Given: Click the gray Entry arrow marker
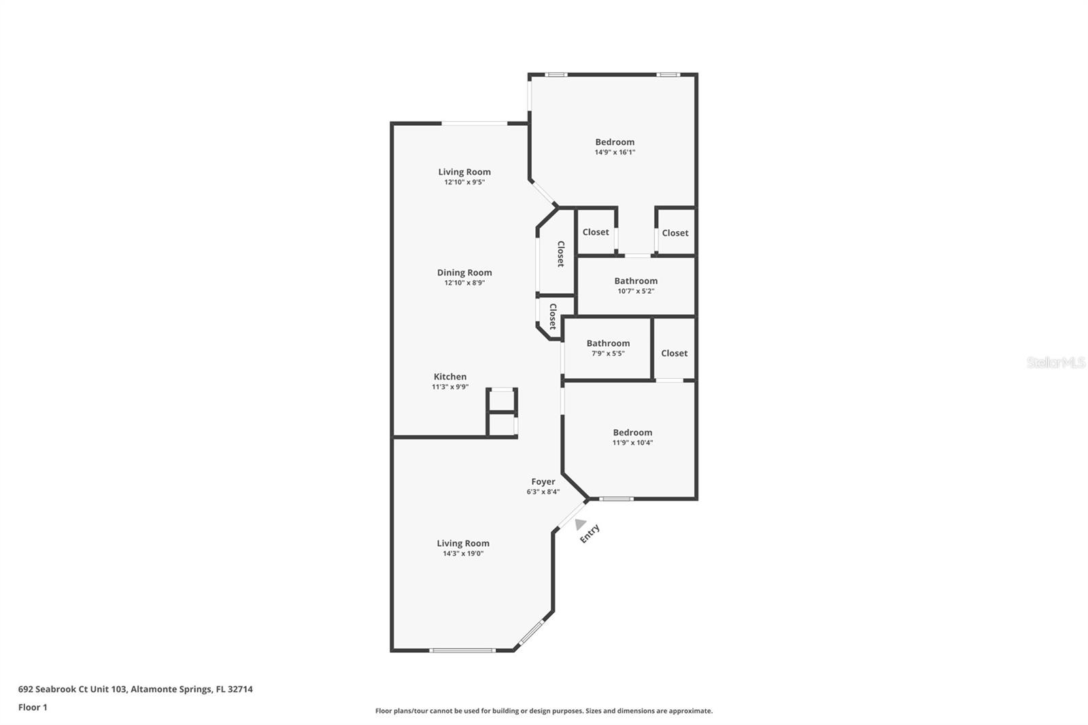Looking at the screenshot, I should point(580,524).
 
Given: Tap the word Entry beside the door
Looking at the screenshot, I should point(590,533).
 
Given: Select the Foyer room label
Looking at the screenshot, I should point(543,482).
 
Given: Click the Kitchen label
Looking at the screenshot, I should point(450,377).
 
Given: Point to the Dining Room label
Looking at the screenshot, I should point(464,273).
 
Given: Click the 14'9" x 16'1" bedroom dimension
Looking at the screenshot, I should point(615,152).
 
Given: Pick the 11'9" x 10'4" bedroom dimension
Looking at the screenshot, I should point(632,443).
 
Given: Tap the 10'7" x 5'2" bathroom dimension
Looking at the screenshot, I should point(636,291).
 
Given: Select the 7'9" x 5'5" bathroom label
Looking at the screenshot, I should point(608,343).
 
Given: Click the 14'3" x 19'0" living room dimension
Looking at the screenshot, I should point(463,554).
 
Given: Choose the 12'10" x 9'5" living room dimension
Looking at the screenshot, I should point(464,182).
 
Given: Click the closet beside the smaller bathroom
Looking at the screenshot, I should point(674,353).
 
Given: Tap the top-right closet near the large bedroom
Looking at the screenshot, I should point(675,233).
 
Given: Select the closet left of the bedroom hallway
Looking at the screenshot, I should point(596,232).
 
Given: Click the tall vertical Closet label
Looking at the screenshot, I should point(561,254).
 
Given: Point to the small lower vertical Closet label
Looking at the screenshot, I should point(553,316).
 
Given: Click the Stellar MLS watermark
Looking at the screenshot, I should point(1055,362).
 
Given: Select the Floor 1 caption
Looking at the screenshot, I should point(33,707).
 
